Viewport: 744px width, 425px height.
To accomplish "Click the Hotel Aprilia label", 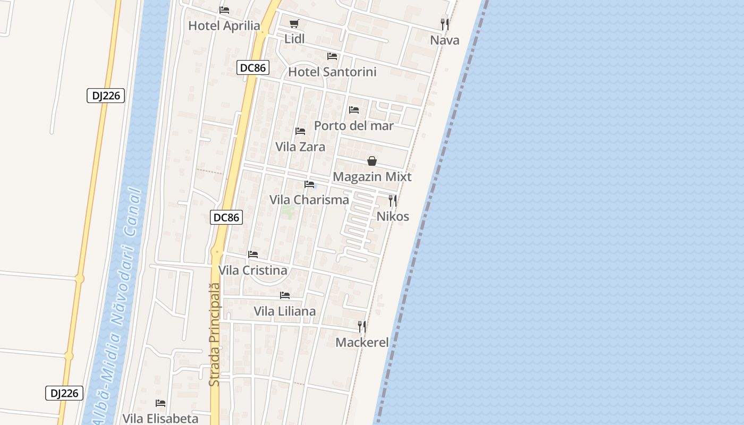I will [x=224, y=25].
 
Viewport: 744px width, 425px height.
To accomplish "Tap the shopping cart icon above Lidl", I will [x=294, y=23].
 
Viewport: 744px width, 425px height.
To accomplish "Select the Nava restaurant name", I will [x=445, y=40].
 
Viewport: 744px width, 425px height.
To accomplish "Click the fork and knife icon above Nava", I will [x=445, y=24].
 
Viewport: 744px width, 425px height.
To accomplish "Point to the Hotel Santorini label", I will [x=332, y=72].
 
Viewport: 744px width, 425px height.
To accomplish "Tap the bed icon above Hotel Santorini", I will [x=332, y=56].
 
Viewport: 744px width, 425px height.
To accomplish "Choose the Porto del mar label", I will [x=353, y=125].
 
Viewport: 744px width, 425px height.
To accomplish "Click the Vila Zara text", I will [x=300, y=147].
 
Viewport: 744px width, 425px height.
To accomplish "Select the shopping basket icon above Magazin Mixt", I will [x=372, y=161].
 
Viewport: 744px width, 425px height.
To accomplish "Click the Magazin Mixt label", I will [x=372, y=176].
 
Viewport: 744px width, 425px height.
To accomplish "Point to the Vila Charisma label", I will [x=309, y=200].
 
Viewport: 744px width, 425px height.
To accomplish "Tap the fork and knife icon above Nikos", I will [x=393, y=200].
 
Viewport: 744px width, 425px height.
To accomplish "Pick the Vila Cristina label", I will [x=253, y=270].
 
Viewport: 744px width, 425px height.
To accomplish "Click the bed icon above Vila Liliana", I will [x=285, y=295].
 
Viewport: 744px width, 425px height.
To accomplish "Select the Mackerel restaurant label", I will [x=362, y=342].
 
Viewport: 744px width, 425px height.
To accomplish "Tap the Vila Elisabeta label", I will [x=160, y=419].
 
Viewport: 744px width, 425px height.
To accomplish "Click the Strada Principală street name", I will [x=214, y=335].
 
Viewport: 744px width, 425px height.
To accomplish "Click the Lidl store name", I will [x=294, y=39].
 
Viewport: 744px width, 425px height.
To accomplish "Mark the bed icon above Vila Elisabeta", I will [x=160, y=403].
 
